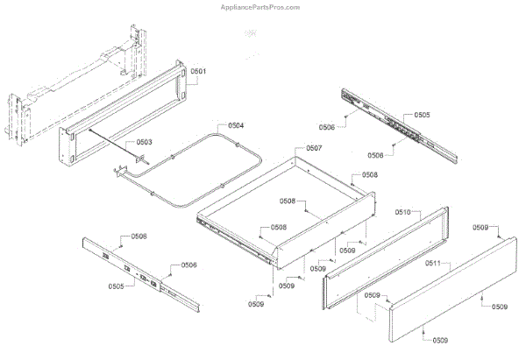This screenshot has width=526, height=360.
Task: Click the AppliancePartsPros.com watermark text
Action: coord(262,6)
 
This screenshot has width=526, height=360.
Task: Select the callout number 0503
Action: coord(143,142)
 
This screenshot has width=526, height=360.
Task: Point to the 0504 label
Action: coord(236,126)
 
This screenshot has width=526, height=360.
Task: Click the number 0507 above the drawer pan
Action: coord(314,148)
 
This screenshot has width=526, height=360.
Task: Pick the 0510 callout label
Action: coord(403,212)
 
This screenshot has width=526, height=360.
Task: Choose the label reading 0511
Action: coord(433,263)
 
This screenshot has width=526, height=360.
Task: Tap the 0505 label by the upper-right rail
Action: coord(422,115)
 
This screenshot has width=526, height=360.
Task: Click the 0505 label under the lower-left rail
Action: coord(116,286)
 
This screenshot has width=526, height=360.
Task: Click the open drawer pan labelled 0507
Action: coord(289,210)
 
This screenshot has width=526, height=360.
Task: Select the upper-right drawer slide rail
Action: coord(399,123)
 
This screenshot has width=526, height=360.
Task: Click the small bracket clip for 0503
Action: coord(137,159)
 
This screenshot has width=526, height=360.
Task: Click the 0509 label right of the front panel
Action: coord(499,307)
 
